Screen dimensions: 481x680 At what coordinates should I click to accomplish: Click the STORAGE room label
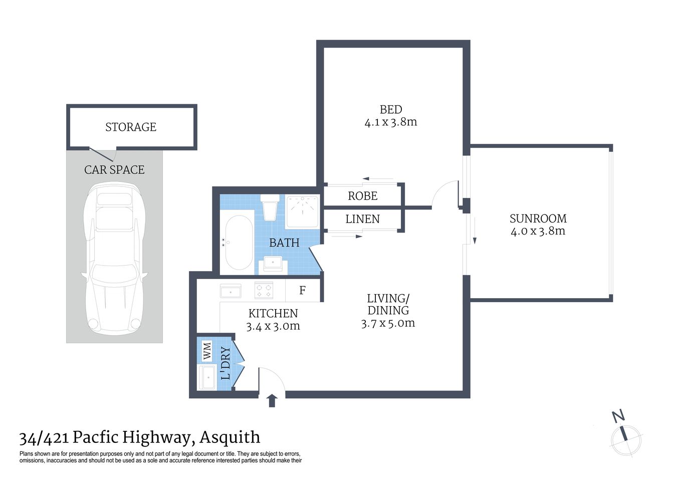point(131,127)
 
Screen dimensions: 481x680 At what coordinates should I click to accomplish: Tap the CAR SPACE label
point(114,170)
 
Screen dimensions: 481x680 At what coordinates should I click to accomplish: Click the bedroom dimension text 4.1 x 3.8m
point(391,122)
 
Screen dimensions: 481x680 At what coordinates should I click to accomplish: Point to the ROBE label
point(363,196)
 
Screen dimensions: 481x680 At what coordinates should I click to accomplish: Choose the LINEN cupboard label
point(362,219)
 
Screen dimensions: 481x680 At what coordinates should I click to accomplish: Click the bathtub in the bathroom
point(239,243)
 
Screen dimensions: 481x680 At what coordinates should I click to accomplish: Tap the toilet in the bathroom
point(270,206)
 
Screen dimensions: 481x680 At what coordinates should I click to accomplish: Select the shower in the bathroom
point(302,211)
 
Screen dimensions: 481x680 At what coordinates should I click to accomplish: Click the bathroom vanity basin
point(273,263)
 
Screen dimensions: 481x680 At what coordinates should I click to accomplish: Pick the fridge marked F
point(302,291)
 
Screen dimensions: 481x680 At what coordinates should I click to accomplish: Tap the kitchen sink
point(231,291)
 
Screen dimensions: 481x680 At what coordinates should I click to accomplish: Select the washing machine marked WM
point(206,350)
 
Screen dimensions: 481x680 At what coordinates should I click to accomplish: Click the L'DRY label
point(225,363)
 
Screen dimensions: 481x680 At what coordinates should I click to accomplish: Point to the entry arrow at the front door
point(272,400)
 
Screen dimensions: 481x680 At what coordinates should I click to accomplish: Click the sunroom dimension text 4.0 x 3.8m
point(538,231)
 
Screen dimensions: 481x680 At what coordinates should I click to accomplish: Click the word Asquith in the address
point(230,437)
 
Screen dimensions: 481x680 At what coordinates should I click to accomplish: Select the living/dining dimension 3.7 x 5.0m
point(388,323)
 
